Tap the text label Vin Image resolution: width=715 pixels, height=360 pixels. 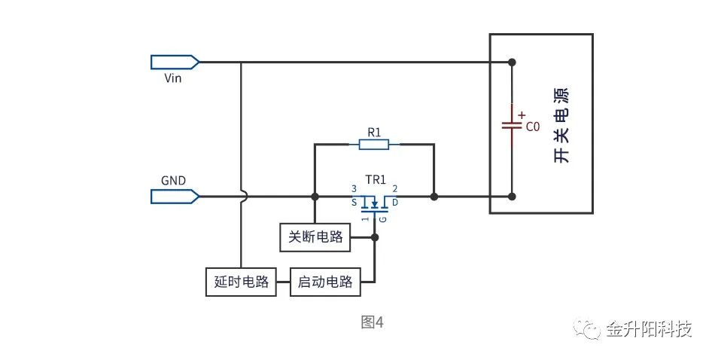tap(172, 77)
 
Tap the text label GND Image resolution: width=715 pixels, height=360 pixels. tap(173, 181)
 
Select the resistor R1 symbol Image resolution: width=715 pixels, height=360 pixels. tap(374, 143)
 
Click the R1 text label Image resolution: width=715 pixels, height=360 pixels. tap(374, 131)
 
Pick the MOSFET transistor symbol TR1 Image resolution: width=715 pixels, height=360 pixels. tap(374, 202)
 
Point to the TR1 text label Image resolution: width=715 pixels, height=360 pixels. tap(375, 181)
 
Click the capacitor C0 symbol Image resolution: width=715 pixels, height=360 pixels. tap(512, 125)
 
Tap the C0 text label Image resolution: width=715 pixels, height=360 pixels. tap(533, 127)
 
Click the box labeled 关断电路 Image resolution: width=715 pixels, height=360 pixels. tap(315, 237)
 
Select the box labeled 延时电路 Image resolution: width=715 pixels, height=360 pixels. tap(241, 282)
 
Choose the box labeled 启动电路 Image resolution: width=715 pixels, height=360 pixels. tap(325, 282)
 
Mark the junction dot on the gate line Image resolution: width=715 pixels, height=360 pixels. tap(375, 237)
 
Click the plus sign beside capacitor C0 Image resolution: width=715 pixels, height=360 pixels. tap(521, 114)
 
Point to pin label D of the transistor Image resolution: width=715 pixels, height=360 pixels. tap(395, 203)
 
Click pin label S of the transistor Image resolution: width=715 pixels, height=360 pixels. tap(354, 203)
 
